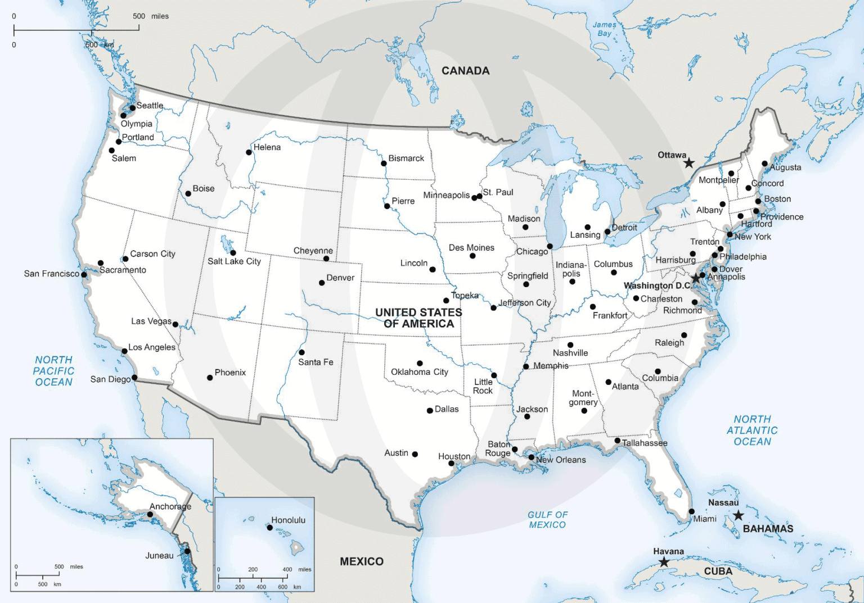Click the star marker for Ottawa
coord(688,163)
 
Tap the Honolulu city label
coord(288,520)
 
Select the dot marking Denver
coord(322,283)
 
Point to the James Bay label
coord(604,29)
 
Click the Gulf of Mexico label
coord(547,520)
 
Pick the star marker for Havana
coord(664,562)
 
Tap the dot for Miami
coord(692,511)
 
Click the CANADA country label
coord(465,71)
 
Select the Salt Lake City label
coord(234,261)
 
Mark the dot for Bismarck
coord(384,164)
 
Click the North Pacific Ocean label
coord(53,371)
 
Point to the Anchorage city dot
coord(150,514)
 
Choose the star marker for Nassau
coord(738,515)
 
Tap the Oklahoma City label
coord(419,372)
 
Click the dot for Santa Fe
coord(301,352)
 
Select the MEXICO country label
coord(361,561)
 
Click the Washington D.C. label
coord(657,285)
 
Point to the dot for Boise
coord(188,194)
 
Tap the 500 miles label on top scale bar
coord(150,16)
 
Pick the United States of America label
coord(418,318)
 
